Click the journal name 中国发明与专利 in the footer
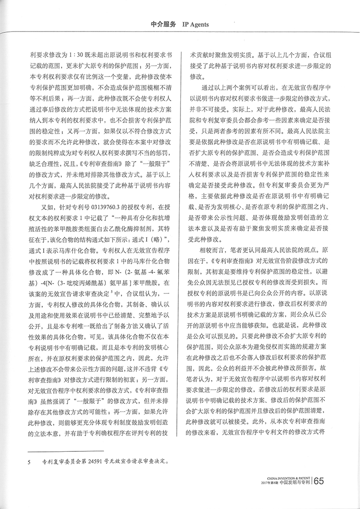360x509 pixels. click(x=294, y=483)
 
